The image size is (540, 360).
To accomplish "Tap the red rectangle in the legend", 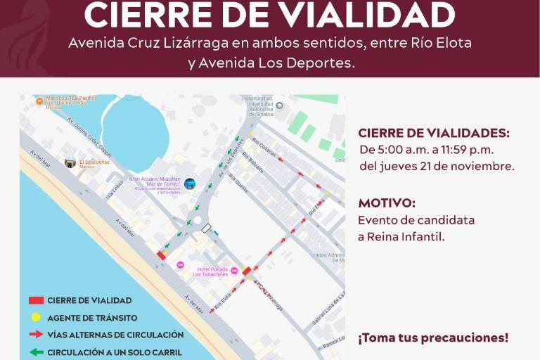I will [36, 300].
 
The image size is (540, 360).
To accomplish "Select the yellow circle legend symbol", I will [36, 317].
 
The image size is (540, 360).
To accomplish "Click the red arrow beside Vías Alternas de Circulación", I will [36, 335].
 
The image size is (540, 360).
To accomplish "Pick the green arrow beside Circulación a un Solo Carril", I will [36, 352].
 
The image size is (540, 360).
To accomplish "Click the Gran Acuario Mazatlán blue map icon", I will [190, 184].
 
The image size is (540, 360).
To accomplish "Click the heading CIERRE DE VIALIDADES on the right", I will [434, 133].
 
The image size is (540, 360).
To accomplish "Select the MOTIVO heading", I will [387, 203].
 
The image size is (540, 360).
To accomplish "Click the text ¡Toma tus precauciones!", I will [433, 337].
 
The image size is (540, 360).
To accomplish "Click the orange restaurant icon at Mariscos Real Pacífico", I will [39, 101].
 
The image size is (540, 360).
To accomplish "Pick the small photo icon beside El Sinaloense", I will [70, 162].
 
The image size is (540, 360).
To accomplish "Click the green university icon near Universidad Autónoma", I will [279, 106].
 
